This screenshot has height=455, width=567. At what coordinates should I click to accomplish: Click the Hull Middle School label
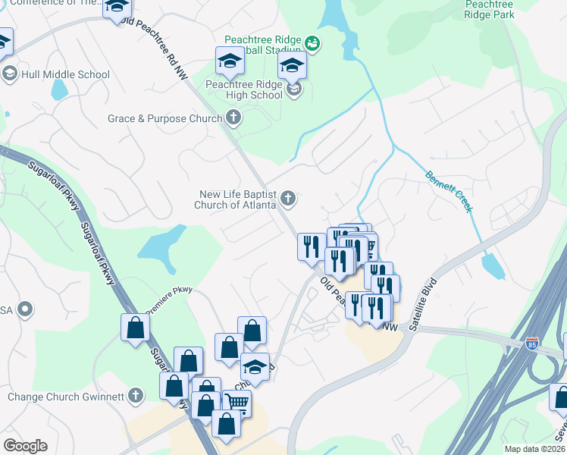tap(66, 74)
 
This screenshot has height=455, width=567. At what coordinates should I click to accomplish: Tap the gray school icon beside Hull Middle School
tap(9, 74)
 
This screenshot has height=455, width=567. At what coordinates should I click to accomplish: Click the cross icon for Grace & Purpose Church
tap(234, 118)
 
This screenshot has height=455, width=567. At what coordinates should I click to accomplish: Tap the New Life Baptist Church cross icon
tap(287, 199)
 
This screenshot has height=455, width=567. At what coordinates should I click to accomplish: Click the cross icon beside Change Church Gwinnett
tap(135, 395)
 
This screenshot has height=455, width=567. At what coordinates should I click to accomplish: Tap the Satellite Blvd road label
tap(424, 308)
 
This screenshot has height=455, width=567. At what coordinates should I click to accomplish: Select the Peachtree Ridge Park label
tap(489, 9)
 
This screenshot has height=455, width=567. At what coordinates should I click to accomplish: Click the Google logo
tap(26, 446)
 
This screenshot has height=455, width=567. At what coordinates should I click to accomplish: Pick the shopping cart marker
tap(237, 402)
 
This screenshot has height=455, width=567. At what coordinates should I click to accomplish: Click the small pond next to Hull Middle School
tap(59, 90)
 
